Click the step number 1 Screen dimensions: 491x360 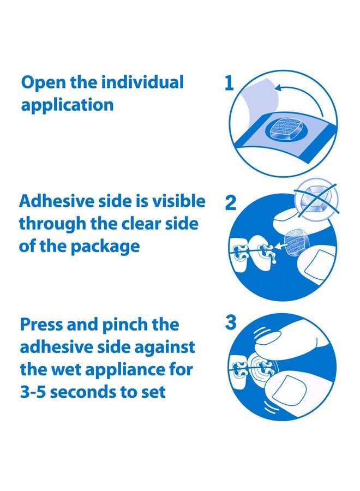tap(229, 83)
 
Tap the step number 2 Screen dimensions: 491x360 tap(230, 203)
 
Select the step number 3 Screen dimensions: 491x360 tap(230, 323)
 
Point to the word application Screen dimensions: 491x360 tap(67, 105)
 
